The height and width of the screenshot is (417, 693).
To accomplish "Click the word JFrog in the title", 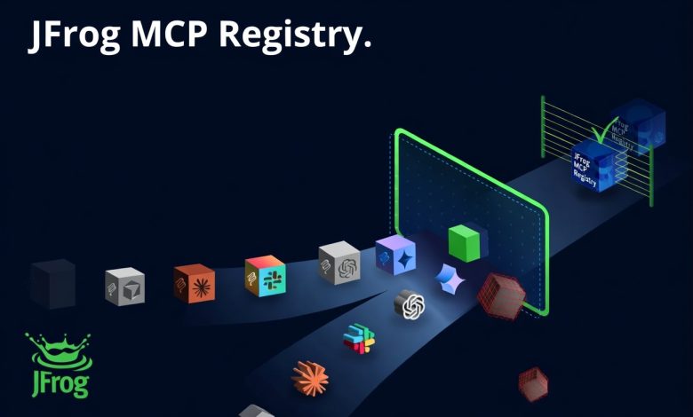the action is pos(75,35).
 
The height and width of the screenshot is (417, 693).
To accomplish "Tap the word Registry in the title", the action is pos(290,35).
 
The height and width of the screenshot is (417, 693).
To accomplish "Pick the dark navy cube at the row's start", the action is pos(53,283).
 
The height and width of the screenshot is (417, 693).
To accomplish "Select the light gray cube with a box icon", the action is pos(125,287).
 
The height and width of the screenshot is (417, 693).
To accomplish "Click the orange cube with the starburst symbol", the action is pos(195,283).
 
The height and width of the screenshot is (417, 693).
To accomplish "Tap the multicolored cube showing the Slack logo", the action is pos(265,275).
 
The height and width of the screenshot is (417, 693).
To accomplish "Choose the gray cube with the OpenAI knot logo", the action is pos(339,263).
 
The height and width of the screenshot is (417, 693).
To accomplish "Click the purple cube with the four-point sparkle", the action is pos(395,255).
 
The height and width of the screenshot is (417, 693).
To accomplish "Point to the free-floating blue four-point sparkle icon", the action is pos(450,279).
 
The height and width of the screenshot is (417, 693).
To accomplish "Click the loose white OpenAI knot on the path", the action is pos(410,304).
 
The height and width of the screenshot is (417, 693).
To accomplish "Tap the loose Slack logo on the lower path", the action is pos(359,338).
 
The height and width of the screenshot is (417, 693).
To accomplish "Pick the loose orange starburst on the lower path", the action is pos(310,378).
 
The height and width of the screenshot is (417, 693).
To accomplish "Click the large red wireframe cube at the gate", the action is pos(501,295).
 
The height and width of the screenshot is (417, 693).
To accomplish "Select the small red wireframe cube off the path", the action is pos(533,384).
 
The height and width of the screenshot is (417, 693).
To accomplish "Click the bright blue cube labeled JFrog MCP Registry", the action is pos(593,166).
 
